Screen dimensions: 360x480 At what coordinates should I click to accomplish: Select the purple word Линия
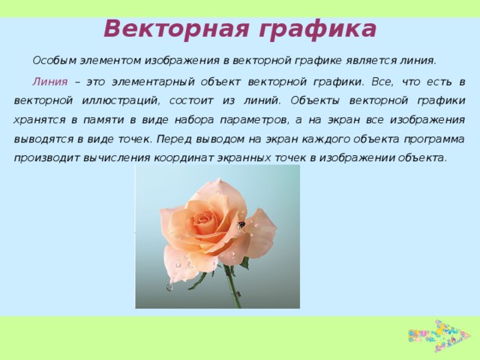click(49, 80)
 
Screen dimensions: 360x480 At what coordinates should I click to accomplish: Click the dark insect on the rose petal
click(241, 223)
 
